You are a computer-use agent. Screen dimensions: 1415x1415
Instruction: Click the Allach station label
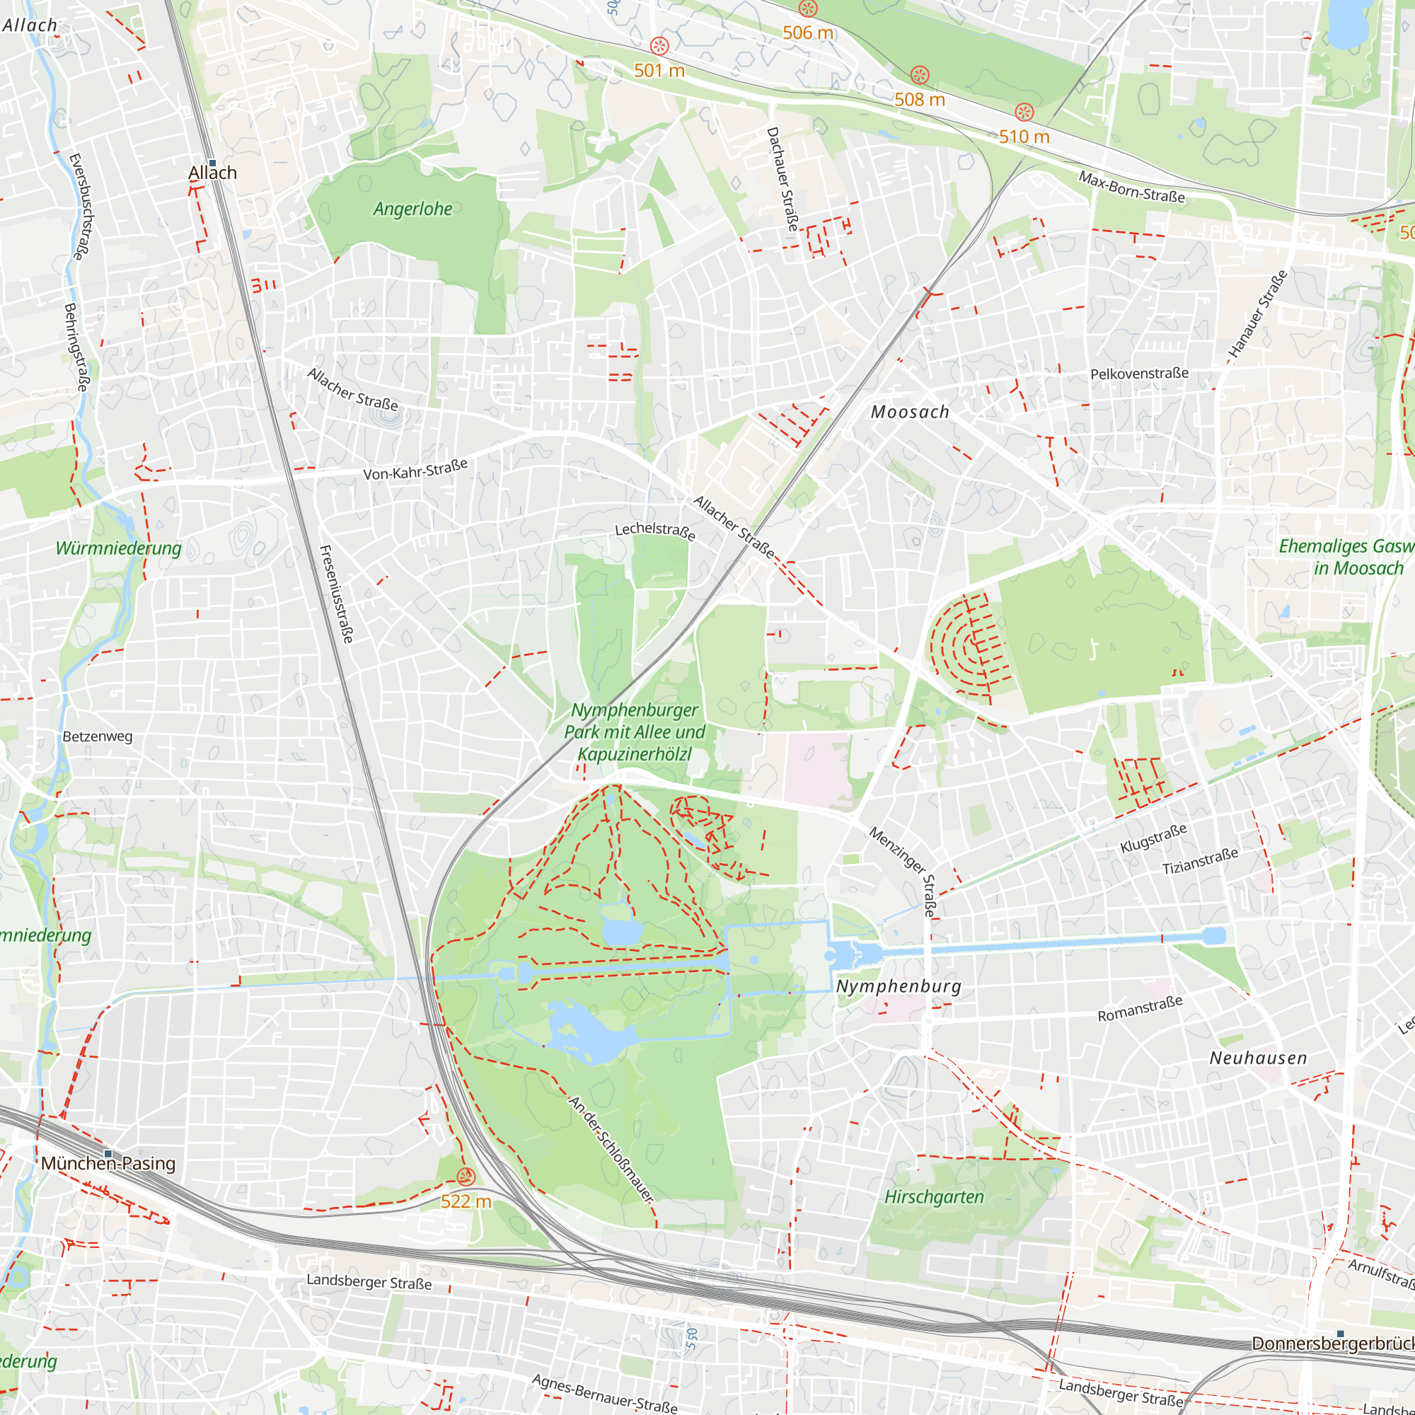pos(212,173)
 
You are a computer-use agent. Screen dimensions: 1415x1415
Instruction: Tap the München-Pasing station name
pos(108,1163)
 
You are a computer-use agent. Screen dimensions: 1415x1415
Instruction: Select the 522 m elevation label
pos(466,1201)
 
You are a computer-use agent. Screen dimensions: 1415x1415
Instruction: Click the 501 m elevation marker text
pos(659,70)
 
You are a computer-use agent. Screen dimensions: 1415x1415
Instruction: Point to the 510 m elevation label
pos(1024,137)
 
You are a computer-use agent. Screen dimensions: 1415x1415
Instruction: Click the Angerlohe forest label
pos(412,209)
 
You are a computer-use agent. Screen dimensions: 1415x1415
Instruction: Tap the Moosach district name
pos(910,412)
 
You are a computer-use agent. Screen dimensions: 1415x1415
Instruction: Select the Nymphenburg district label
pos(899,986)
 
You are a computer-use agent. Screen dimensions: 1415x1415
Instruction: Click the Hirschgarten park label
pos(934,1197)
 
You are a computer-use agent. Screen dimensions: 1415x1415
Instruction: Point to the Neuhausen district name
pos(1258,1058)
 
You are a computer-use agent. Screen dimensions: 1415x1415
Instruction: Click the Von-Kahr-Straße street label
pos(415,470)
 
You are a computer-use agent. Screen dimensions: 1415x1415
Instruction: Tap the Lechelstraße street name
pos(654,530)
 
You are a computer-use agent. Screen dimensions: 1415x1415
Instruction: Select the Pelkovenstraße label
pos(1139,374)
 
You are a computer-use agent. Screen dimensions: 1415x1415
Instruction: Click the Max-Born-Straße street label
pos(1131,187)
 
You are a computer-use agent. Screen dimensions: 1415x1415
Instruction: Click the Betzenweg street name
pos(98,736)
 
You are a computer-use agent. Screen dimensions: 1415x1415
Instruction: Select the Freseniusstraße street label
pos(337,594)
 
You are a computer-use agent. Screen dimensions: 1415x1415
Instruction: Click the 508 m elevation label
pos(919,99)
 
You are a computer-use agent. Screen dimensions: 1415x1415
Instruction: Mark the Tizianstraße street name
pos(1200,860)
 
